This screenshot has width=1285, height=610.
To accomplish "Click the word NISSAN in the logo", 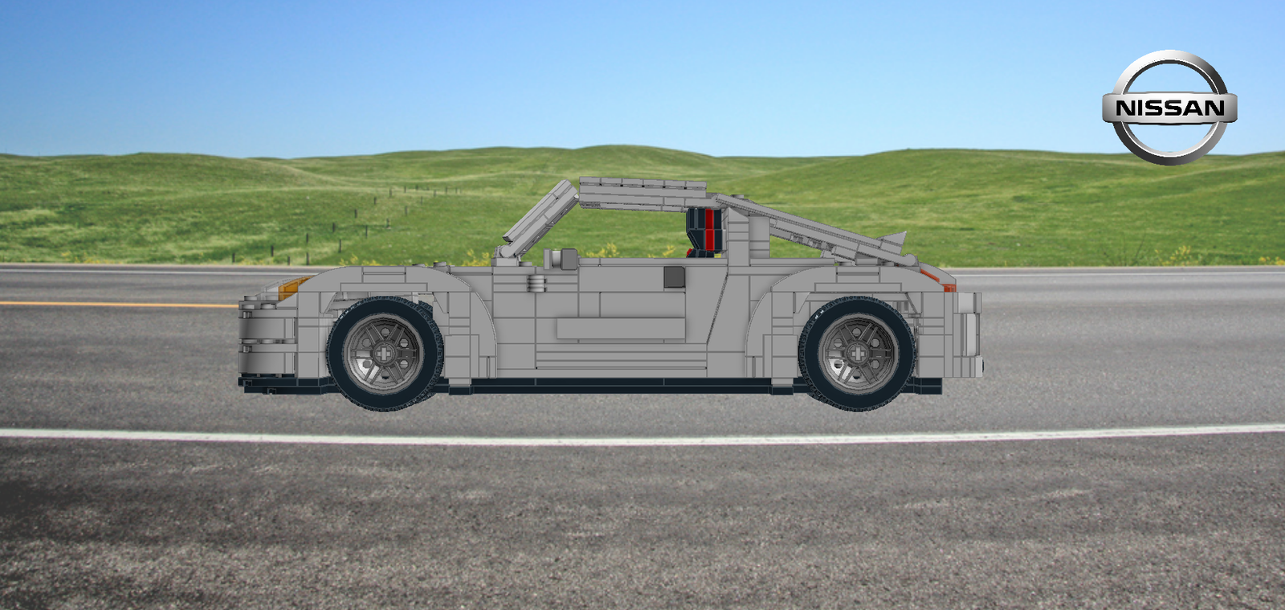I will (1169, 108).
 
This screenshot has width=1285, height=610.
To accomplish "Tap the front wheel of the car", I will (384, 353).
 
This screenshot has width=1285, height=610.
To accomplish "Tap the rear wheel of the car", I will (859, 353).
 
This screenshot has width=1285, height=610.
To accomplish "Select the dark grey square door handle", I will (674, 277).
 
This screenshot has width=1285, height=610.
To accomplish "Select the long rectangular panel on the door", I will (620, 329).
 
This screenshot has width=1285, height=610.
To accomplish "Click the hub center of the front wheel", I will (384, 353).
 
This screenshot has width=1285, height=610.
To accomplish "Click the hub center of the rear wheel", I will (859, 353).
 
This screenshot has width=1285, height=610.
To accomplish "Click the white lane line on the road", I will (642, 438).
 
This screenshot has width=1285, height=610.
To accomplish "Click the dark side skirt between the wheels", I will (618, 386).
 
